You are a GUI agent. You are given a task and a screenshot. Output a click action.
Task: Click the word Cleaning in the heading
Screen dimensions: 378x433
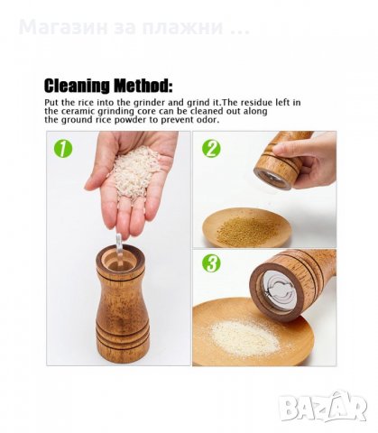[x=77, y=86]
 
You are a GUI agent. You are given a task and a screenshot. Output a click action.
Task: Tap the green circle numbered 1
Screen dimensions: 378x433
[x=63, y=149]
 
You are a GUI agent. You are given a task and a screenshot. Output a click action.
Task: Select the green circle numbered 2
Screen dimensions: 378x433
[x=211, y=149]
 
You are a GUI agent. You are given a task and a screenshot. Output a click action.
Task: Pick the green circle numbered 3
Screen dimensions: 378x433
[x=211, y=263]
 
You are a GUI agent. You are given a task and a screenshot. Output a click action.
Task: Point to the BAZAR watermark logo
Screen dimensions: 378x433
[x=324, y=408]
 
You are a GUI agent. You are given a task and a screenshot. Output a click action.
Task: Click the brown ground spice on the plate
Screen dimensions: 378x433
[x=247, y=229]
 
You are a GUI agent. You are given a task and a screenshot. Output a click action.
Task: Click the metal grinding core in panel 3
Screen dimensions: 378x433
[x=278, y=289]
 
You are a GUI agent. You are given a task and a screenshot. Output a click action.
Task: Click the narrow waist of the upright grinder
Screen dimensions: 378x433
[x=122, y=299]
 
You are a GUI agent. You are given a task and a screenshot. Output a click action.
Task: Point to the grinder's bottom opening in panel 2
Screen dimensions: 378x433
[x=272, y=180]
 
